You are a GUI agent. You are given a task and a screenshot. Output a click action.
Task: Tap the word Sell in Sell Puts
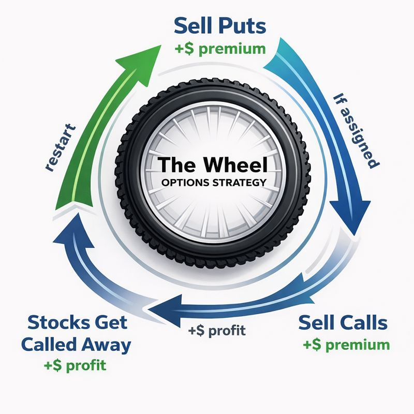click(x=193, y=25)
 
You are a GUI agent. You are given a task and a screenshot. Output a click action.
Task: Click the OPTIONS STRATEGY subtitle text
click(x=214, y=182)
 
